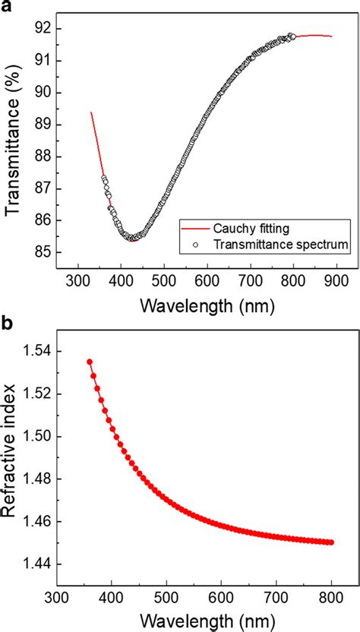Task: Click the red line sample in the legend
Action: (194, 226)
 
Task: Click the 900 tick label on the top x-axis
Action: (338, 280)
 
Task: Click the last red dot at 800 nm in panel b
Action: (332, 542)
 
